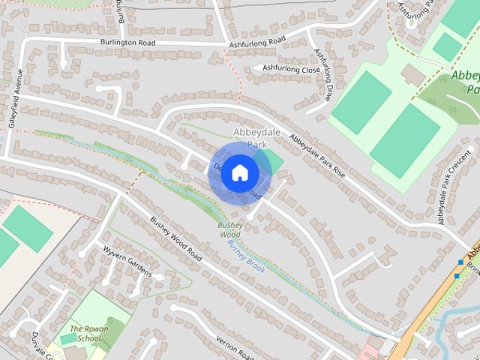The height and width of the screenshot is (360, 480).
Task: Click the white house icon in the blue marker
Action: pyautogui.click(x=239, y=172)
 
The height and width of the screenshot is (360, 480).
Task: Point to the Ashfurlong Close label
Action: pyautogui.click(x=292, y=68)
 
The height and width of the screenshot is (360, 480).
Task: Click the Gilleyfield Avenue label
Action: pyautogui.click(x=12, y=97)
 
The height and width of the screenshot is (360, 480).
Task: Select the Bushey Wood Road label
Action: pyautogui.click(x=176, y=239)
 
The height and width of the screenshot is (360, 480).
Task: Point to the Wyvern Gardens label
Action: pyautogui.click(x=127, y=262)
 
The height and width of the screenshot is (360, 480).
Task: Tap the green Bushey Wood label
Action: pyautogui.click(x=229, y=229)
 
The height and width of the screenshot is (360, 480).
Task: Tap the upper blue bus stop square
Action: pyautogui.click(x=460, y=262)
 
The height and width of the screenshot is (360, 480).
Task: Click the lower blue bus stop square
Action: pyautogui.click(x=456, y=275)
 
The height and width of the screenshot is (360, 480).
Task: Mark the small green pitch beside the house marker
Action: pyautogui.click(x=274, y=160)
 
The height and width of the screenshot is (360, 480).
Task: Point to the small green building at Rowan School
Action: pyautogui.click(x=68, y=339)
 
